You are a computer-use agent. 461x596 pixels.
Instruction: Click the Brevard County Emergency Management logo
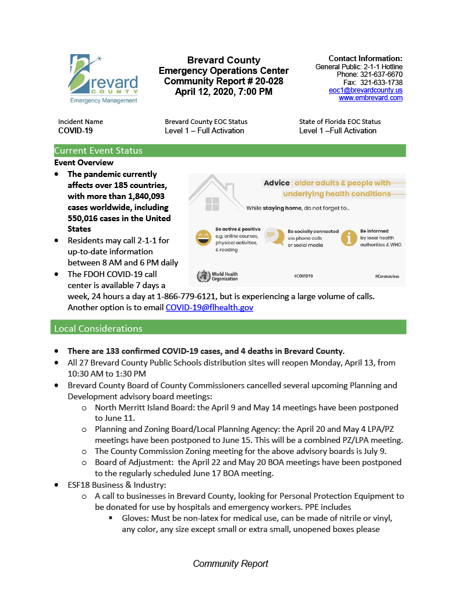[104, 79]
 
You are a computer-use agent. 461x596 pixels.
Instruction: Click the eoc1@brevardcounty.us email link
[366, 90]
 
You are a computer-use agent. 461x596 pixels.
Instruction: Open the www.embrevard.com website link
[370, 98]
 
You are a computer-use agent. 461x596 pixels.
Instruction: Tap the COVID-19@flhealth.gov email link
[209, 307]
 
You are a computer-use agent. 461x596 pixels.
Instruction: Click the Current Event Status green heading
[98, 151]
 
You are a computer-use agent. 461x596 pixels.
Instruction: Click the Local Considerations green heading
[98, 329]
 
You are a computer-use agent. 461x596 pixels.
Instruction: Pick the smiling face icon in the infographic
[203, 237]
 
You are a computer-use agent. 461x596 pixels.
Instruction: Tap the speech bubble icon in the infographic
[272, 236]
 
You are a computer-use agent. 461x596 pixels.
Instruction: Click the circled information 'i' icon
[349, 237]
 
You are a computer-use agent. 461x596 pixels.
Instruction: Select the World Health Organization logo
[217, 276]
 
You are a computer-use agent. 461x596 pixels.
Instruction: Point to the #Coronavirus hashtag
[386, 276]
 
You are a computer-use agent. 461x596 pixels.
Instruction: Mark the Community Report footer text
[230, 563]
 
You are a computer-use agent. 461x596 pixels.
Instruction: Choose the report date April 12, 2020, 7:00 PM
[224, 91]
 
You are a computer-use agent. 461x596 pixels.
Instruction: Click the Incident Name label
[80, 122]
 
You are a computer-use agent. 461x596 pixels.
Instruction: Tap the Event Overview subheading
[84, 163]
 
